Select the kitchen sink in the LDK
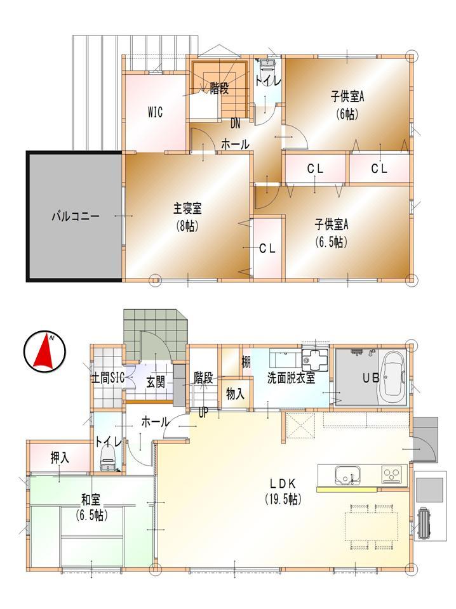coord(347,475)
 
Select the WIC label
coord(155,113)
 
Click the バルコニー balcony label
coord(75,216)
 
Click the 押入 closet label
coord(60,457)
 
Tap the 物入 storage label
coord(235,393)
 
